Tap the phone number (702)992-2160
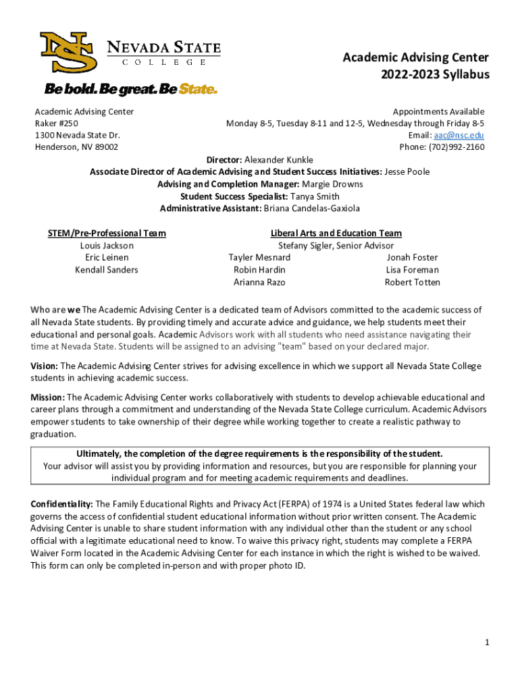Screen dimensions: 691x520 457,147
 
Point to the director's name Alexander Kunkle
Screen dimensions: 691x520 278,160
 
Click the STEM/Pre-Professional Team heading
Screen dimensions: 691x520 107,233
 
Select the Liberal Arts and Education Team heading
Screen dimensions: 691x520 336,233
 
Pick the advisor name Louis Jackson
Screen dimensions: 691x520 107,246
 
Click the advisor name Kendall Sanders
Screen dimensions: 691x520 107,270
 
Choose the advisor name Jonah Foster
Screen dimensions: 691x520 412,258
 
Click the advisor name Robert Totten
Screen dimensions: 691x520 412,282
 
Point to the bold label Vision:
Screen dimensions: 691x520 45,366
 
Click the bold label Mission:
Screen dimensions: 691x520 48,397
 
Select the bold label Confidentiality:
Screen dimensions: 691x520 62,504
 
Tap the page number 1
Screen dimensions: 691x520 486,642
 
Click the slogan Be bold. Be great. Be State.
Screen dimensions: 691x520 131,89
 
